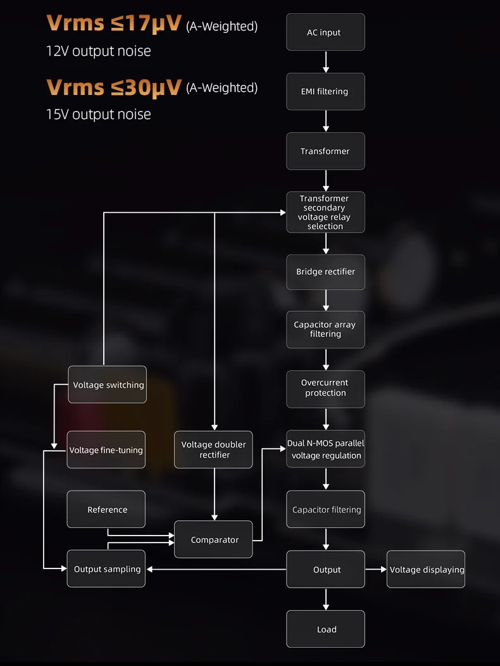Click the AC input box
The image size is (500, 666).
(x=325, y=32)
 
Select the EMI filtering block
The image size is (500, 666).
(x=325, y=92)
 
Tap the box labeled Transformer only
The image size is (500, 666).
(x=325, y=151)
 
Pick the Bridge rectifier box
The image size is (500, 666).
(x=325, y=272)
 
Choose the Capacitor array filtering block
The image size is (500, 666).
(x=325, y=329)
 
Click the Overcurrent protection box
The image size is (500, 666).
(x=325, y=388)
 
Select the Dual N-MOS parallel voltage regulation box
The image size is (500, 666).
(x=325, y=449)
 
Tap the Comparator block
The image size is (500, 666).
(x=213, y=539)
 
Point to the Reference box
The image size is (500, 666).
(x=106, y=510)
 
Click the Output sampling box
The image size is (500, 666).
(x=106, y=569)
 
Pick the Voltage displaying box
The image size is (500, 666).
(x=426, y=570)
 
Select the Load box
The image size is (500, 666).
(x=325, y=629)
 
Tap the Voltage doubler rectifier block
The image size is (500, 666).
(x=213, y=449)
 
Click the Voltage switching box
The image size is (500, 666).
(x=107, y=385)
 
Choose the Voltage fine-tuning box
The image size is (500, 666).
(x=106, y=450)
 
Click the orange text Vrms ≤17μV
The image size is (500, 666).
(x=114, y=23)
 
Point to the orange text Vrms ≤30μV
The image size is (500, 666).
(x=114, y=87)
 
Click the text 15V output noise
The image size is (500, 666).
(x=98, y=115)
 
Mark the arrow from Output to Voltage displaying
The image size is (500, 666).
(x=375, y=570)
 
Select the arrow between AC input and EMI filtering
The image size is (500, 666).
(x=326, y=61)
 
